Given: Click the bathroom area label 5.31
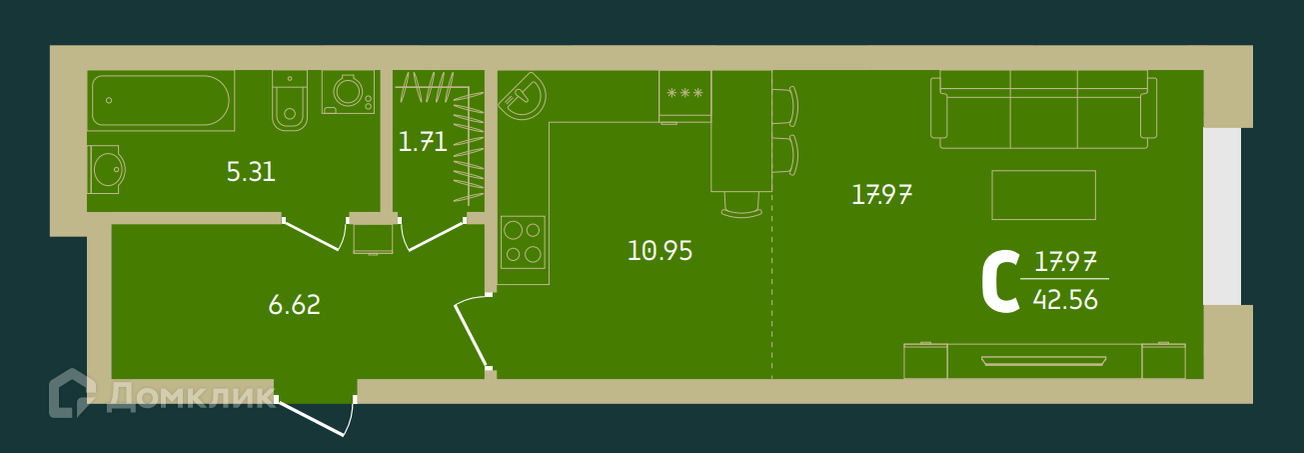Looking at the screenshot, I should (x=251, y=172).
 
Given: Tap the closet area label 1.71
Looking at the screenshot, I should (x=422, y=142).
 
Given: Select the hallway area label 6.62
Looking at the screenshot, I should (x=294, y=305).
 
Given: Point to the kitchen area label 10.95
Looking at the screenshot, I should (x=659, y=250).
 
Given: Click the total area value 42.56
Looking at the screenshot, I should (x=1066, y=299).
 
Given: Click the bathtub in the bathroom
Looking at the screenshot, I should (x=160, y=100).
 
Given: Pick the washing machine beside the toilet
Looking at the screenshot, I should (x=349, y=93).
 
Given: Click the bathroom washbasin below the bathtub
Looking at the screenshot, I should (x=106, y=170).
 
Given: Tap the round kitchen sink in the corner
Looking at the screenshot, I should (x=523, y=96).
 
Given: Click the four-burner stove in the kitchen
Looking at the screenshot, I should (x=523, y=242).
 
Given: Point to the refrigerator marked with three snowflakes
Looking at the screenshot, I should (x=684, y=95).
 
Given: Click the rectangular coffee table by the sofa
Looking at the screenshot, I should (x=1043, y=194).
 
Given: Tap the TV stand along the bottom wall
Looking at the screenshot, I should (x=1043, y=360).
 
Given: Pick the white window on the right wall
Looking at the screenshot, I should (x=1221, y=216).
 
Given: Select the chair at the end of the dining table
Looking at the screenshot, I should (x=740, y=204).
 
